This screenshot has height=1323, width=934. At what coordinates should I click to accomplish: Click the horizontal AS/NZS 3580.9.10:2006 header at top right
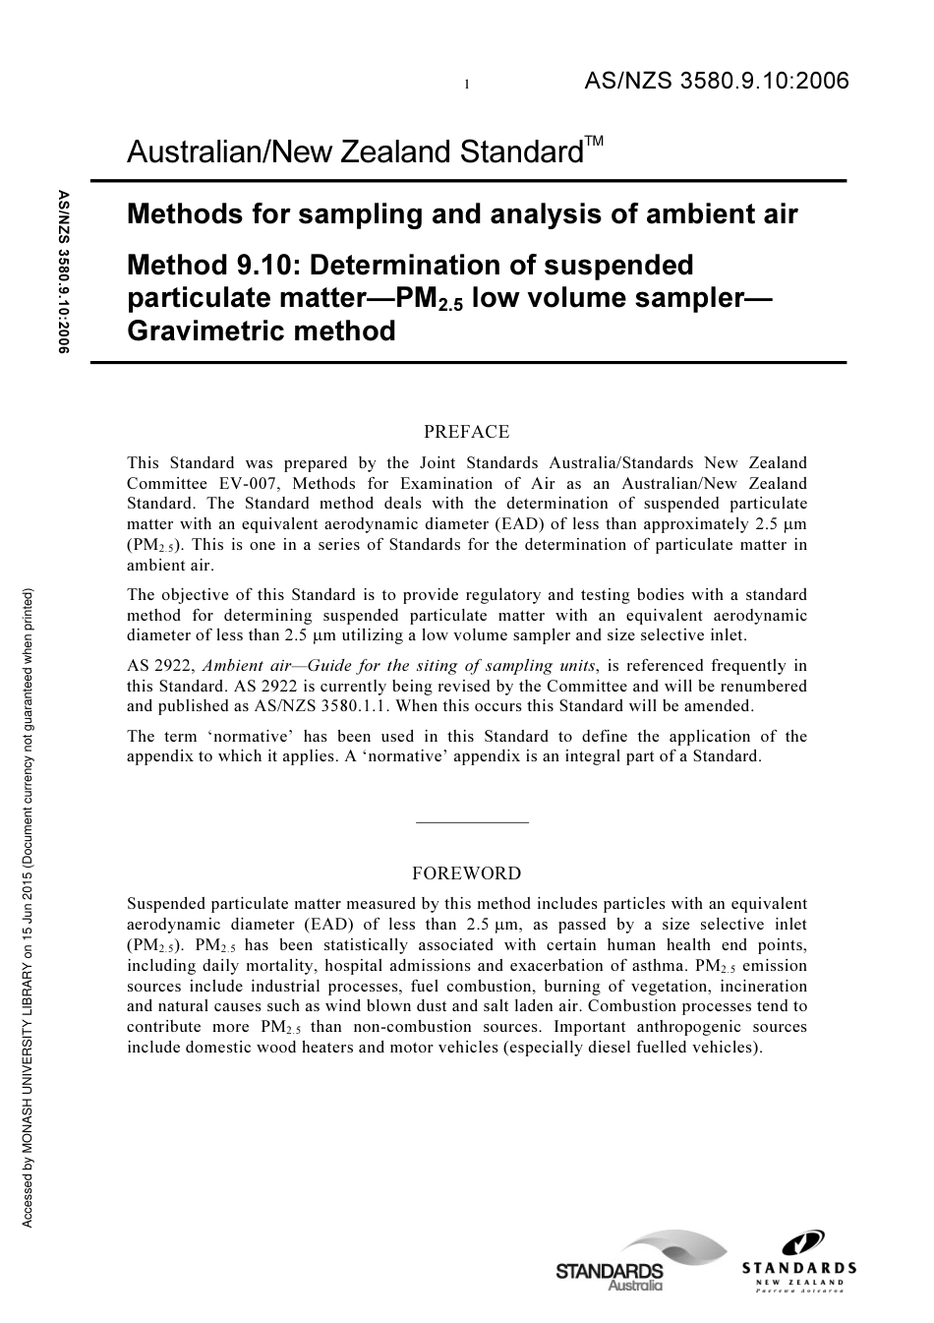[x=716, y=82]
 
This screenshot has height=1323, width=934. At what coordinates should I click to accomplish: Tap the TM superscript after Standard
[x=594, y=142]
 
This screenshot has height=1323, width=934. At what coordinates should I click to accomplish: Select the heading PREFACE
[x=466, y=432]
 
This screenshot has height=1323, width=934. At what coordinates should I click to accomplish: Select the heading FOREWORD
[x=466, y=872]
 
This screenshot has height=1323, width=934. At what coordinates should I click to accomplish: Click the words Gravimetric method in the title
[x=262, y=331]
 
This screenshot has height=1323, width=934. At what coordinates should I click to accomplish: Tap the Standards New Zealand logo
[x=798, y=1263]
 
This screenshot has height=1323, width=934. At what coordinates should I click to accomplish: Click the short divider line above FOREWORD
[x=472, y=821]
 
